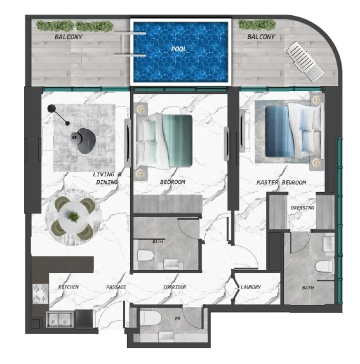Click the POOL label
pyautogui.click(x=179, y=49)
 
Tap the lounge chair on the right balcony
pyautogui.click(x=305, y=62)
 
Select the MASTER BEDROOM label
pyautogui.click(x=281, y=182)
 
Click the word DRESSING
pyautogui.click(x=302, y=208)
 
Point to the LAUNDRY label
pyautogui.click(x=251, y=287)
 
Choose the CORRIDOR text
pyautogui.click(x=175, y=287)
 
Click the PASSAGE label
pyautogui.click(x=116, y=287)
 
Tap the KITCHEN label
pyautogui.click(x=68, y=287)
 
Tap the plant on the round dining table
pyautogui.click(x=74, y=217)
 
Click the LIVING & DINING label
pyautogui.click(x=105, y=178)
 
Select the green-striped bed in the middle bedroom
pyautogui.click(x=166, y=141)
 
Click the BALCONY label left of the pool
pyautogui.click(x=68, y=37)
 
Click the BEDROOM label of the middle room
pyautogui.click(x=172, y=182)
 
